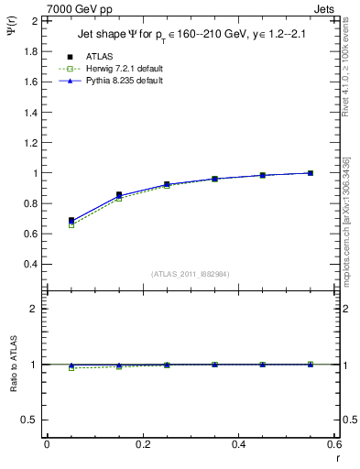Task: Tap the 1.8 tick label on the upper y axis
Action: [x=31, y=51]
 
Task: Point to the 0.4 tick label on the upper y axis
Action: [x=31, y=264]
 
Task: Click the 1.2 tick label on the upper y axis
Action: [x=31, y=142]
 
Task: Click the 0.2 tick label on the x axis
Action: [x=143, y=444]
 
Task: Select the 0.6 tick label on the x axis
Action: [x=334, y=444]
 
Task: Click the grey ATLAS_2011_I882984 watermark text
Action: [x=190, y=273]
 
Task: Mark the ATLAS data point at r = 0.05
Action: [x=71, y=221]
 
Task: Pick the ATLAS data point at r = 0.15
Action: [x=119, y=195]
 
